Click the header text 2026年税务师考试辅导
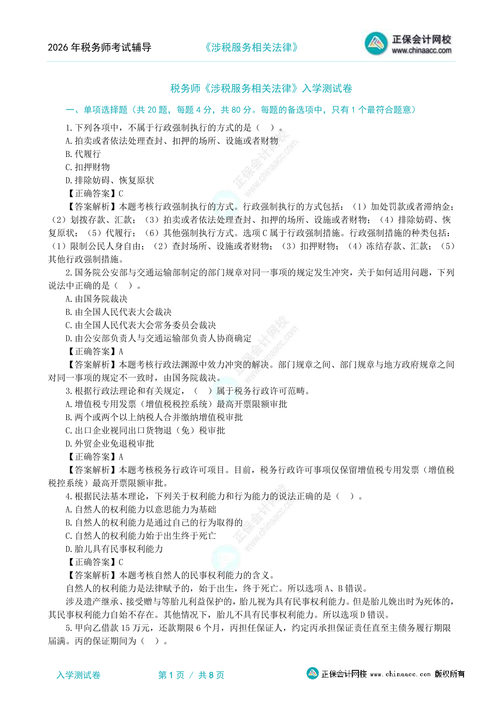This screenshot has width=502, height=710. point(100,48)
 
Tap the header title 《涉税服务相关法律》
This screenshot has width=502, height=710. point(251,48)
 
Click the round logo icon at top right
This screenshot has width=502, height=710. point(376,43)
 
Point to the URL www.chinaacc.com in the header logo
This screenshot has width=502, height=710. point(421,51)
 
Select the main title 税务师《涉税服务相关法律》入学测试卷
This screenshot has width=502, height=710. point(261,89)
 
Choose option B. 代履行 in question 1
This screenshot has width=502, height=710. point(83,154)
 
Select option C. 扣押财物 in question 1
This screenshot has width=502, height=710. point(88,167)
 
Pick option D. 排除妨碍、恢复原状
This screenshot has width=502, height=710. point(110,181)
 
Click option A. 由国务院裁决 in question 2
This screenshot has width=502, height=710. point(97,299)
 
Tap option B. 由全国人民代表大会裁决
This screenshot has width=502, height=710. point(119,312)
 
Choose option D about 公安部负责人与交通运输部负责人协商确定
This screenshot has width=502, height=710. point(159,338)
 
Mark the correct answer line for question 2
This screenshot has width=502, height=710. point(95,351)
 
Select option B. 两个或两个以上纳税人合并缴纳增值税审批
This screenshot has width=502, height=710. point(154,417)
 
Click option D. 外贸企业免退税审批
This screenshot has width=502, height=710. point(110,444)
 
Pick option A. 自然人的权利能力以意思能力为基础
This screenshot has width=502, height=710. point(141,510)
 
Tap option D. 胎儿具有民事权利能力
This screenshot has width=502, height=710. point(114,549)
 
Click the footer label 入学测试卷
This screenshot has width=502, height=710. point(78,675)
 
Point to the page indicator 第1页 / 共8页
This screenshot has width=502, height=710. point(191,675)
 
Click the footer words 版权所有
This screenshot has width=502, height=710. point(450,674)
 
